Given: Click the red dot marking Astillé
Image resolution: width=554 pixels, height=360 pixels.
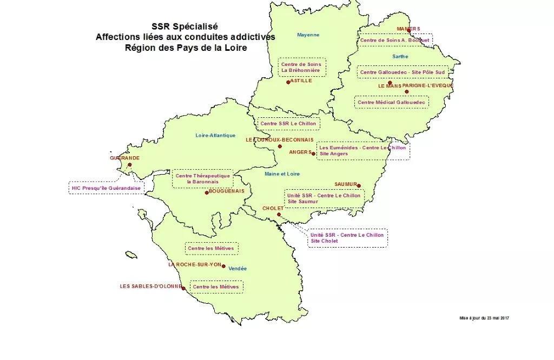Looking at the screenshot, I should [x=288, y=82].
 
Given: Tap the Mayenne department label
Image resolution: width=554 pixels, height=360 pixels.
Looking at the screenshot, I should [x=308, y=35].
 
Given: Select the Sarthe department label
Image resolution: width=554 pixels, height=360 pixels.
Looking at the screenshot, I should [x=400, y=57].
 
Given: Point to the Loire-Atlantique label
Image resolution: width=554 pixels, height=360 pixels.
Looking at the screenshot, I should [x=215, y=136].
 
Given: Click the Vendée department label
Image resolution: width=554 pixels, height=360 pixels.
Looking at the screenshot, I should [x=238, y=269].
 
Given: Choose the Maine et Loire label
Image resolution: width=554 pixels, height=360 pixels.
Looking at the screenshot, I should [x=282, y=174].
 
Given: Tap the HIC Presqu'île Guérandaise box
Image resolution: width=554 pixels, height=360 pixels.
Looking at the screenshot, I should [x=106, y=189].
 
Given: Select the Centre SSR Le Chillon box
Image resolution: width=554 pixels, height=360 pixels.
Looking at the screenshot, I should [x=288, y=124].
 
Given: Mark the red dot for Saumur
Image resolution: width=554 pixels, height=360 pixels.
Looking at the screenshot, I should [x=359, y=186].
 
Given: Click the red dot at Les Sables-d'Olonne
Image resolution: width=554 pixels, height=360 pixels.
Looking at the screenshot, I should [x=184, y=288].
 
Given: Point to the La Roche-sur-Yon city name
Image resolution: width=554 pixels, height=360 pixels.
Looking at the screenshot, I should [x=195, y=265].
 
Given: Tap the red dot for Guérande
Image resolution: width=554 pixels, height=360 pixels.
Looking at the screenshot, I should [x=129, y=165].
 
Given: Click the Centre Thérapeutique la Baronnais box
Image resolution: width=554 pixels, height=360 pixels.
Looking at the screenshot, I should [x=203, y=179].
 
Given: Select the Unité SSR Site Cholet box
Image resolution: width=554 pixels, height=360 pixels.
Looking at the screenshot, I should [x=347, y=238].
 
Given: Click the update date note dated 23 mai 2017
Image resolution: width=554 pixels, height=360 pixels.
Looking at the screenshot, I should [x=484, y=318].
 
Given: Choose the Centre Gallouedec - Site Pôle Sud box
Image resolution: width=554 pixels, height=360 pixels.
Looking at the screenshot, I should [x=403, y=72].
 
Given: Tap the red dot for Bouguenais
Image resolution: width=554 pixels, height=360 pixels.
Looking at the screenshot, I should [x=207, y=192].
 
